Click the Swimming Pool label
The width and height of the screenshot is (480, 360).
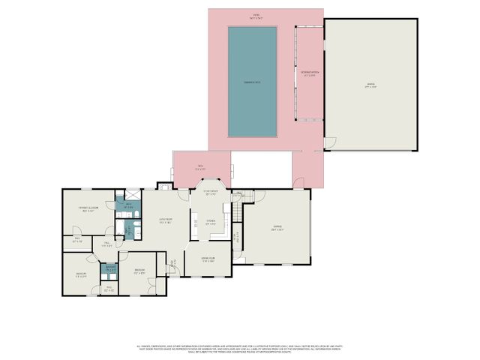click(x=252, y=81)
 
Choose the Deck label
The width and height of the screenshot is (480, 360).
click(x=200, y=166)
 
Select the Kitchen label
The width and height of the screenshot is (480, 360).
click(x=211, y=223)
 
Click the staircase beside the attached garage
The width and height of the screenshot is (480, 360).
click(x=237, y=214)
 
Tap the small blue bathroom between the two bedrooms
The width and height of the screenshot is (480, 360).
click(x=109, y=268)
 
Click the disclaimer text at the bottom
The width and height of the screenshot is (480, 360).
click(x=240, y=349)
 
